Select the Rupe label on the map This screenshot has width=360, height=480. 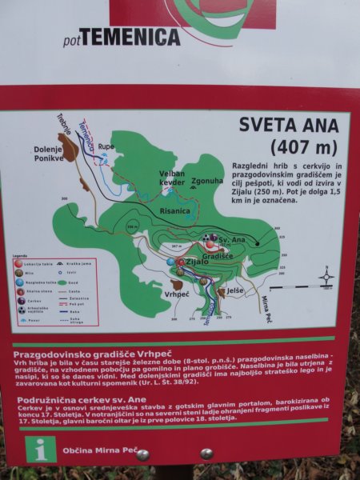pos(106,146)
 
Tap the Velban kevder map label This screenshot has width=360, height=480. pos(172,178)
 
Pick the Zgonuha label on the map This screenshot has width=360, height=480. pos(206,182)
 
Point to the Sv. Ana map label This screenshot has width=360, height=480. pos(231,238)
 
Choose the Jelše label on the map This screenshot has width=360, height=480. pos(234,291)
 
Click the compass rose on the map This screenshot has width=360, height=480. pos(326,278)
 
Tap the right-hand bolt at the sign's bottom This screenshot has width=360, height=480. pos(206,454)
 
